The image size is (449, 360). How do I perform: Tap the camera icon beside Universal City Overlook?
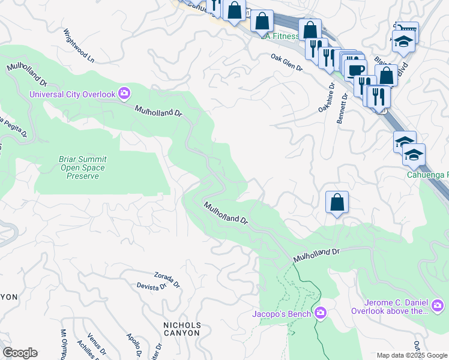pyautogui.click(x=124, y=93)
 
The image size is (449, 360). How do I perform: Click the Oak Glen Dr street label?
pyautogui.click(x=286, y=62)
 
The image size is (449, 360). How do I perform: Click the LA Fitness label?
pyautogui.click(x=280, y=36)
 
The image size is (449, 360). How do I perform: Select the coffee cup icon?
pyautogui.click(x=355, y=68)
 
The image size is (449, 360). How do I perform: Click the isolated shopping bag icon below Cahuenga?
pyautogui.click(x=337, y=202)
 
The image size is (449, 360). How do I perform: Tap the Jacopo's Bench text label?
pyautogui.click(x=282, y=314)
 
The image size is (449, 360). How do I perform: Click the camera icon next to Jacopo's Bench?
pyautogui.click(x=321, y=313)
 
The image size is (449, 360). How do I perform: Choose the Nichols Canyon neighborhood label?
pyautogui.click(x=182, y=329)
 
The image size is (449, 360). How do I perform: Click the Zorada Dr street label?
pyautogui.click(x=167, y=278)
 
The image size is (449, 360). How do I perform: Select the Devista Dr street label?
pyautogui.click(x=151, y=287)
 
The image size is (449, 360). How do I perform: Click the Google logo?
pyautogui.click(x=20, y=353)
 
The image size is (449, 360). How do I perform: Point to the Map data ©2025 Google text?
pyautogui.click(x=411, y=355)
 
